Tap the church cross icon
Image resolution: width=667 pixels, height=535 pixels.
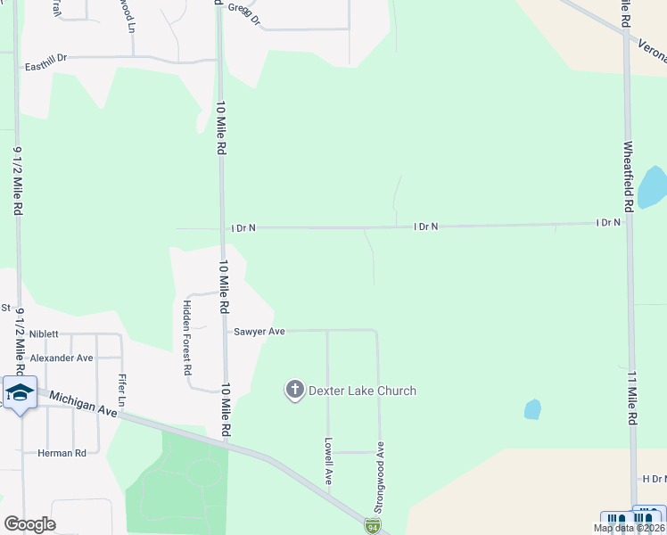point(294,390)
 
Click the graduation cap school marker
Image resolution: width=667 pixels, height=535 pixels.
point(19,392)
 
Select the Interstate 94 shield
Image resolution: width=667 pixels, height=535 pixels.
point(371,527)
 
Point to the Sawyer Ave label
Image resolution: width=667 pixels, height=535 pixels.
point(259,331)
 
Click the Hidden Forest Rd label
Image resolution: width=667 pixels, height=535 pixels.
point(187,336)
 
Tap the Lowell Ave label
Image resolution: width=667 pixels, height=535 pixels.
point(328,460)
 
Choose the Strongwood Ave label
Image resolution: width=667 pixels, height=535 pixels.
point(379,476)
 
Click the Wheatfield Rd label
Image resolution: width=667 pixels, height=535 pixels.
point(628,177)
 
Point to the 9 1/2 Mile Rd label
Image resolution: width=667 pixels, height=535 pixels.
point(17,181)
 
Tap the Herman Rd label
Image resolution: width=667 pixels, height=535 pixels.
point(62,453)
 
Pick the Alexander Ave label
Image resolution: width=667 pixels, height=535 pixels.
point(62,358)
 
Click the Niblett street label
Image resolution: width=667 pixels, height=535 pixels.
point(44,334)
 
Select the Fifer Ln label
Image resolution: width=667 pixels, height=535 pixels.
point(121,391)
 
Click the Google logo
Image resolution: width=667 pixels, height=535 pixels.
point(29,524)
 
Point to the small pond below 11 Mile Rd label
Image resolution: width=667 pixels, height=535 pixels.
point(532,409)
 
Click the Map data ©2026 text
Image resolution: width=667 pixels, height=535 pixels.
point(628,528)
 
